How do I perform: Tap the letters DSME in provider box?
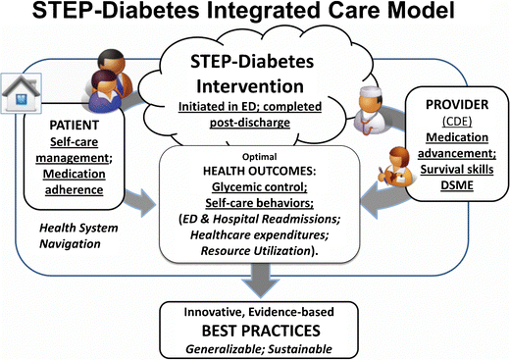[457, 186]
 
